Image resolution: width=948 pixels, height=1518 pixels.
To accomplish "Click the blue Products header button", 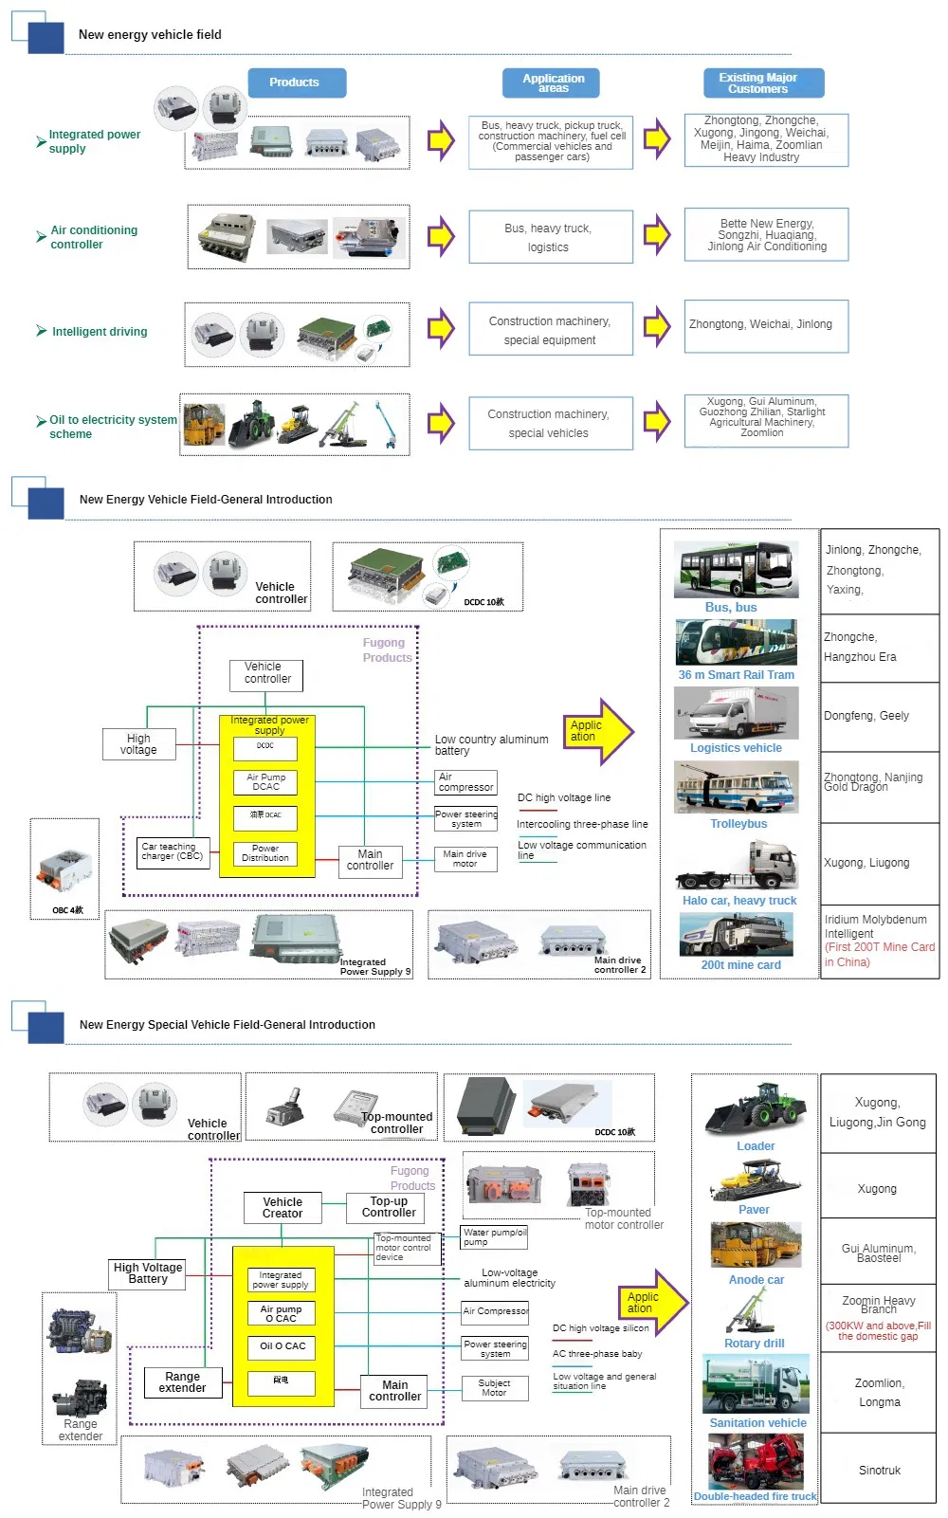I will point(296,82).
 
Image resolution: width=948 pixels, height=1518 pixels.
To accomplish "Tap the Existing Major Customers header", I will point(763,83).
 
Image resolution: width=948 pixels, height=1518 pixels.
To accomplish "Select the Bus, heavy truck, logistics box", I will point(550,237).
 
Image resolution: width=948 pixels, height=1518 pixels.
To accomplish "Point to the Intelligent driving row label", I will point(100,332).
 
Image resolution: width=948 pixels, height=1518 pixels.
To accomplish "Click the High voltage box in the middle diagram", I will point(138,744).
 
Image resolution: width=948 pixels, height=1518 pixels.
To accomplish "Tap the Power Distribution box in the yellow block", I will point(265,853).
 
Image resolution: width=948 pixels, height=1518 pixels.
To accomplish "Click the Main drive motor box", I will point(465,859).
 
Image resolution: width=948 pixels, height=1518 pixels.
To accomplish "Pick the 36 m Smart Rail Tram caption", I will point(736,675).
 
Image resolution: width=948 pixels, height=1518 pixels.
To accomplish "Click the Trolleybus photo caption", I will point(738,824).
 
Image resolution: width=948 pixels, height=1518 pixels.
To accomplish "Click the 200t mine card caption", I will point(740,965).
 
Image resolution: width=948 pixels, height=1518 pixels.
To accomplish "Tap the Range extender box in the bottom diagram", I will point(182,1382).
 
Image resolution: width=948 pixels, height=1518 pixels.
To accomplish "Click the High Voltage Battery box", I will point(148,1273).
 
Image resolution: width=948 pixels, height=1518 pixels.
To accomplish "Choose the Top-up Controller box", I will point(389,1207).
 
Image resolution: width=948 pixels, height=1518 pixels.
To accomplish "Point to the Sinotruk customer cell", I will point(879,1471).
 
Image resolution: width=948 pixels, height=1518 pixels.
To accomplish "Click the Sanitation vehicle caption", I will point(757,1423).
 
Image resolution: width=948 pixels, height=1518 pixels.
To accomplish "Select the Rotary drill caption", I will point(754,1344).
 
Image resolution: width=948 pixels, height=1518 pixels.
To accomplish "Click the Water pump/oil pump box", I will point(494,1237).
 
